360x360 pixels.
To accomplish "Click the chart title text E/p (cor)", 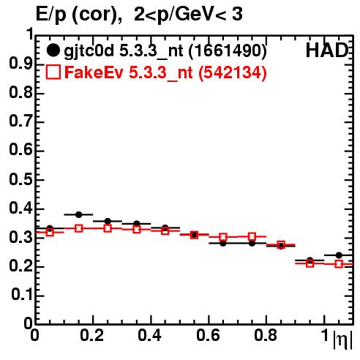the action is pyautogui.click(x=79, y=15).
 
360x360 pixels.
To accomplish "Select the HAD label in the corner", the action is pyautogui.click(x=327, y=50).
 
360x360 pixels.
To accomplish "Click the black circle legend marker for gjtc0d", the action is pyautogui.click(x=53, y=50).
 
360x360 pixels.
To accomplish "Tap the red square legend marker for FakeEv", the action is pyautogui.click(x=53, y=72).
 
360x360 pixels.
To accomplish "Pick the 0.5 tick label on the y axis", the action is pyautogui.click(x=20, y=180).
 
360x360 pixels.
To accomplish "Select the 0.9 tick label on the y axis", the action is pyautogui.click(x=20, y=64).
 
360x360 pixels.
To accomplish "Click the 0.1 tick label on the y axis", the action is pyautogui.click(x=22, y=295).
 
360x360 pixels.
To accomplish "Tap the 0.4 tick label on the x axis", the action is pyautogui.click(x=149, y=335).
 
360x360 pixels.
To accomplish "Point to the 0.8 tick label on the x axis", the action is pyautogui.click(x=266, y=335).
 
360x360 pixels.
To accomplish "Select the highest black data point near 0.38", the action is pyautogui.click(x=79, y=214).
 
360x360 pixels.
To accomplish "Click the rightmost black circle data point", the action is pyautogui.click(x=339, y=255).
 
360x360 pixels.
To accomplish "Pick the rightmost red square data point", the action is pyautogui.click(x=339, y=264).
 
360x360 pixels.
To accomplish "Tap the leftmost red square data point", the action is pyautogui.click(x=50, y=232).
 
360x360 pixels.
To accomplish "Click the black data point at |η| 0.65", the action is pyautogui.click(x=223, y=243).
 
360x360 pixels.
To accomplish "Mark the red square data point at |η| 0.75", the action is pyautogui.click(x=252, y=236).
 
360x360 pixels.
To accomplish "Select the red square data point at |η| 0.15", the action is pyautogui.click(x=79, y=228).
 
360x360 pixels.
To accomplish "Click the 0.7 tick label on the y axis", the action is pyautogui.click(x=20, y=121).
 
